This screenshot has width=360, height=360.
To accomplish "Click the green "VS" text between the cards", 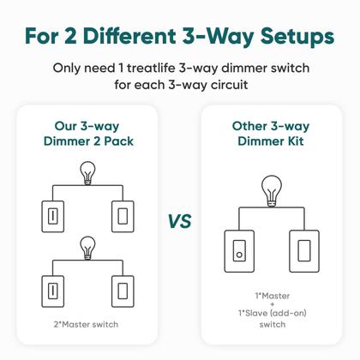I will (179, 222).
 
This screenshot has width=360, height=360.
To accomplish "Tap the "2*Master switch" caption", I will (86, 323).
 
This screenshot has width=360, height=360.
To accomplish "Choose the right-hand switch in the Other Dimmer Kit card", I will (304, 250).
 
